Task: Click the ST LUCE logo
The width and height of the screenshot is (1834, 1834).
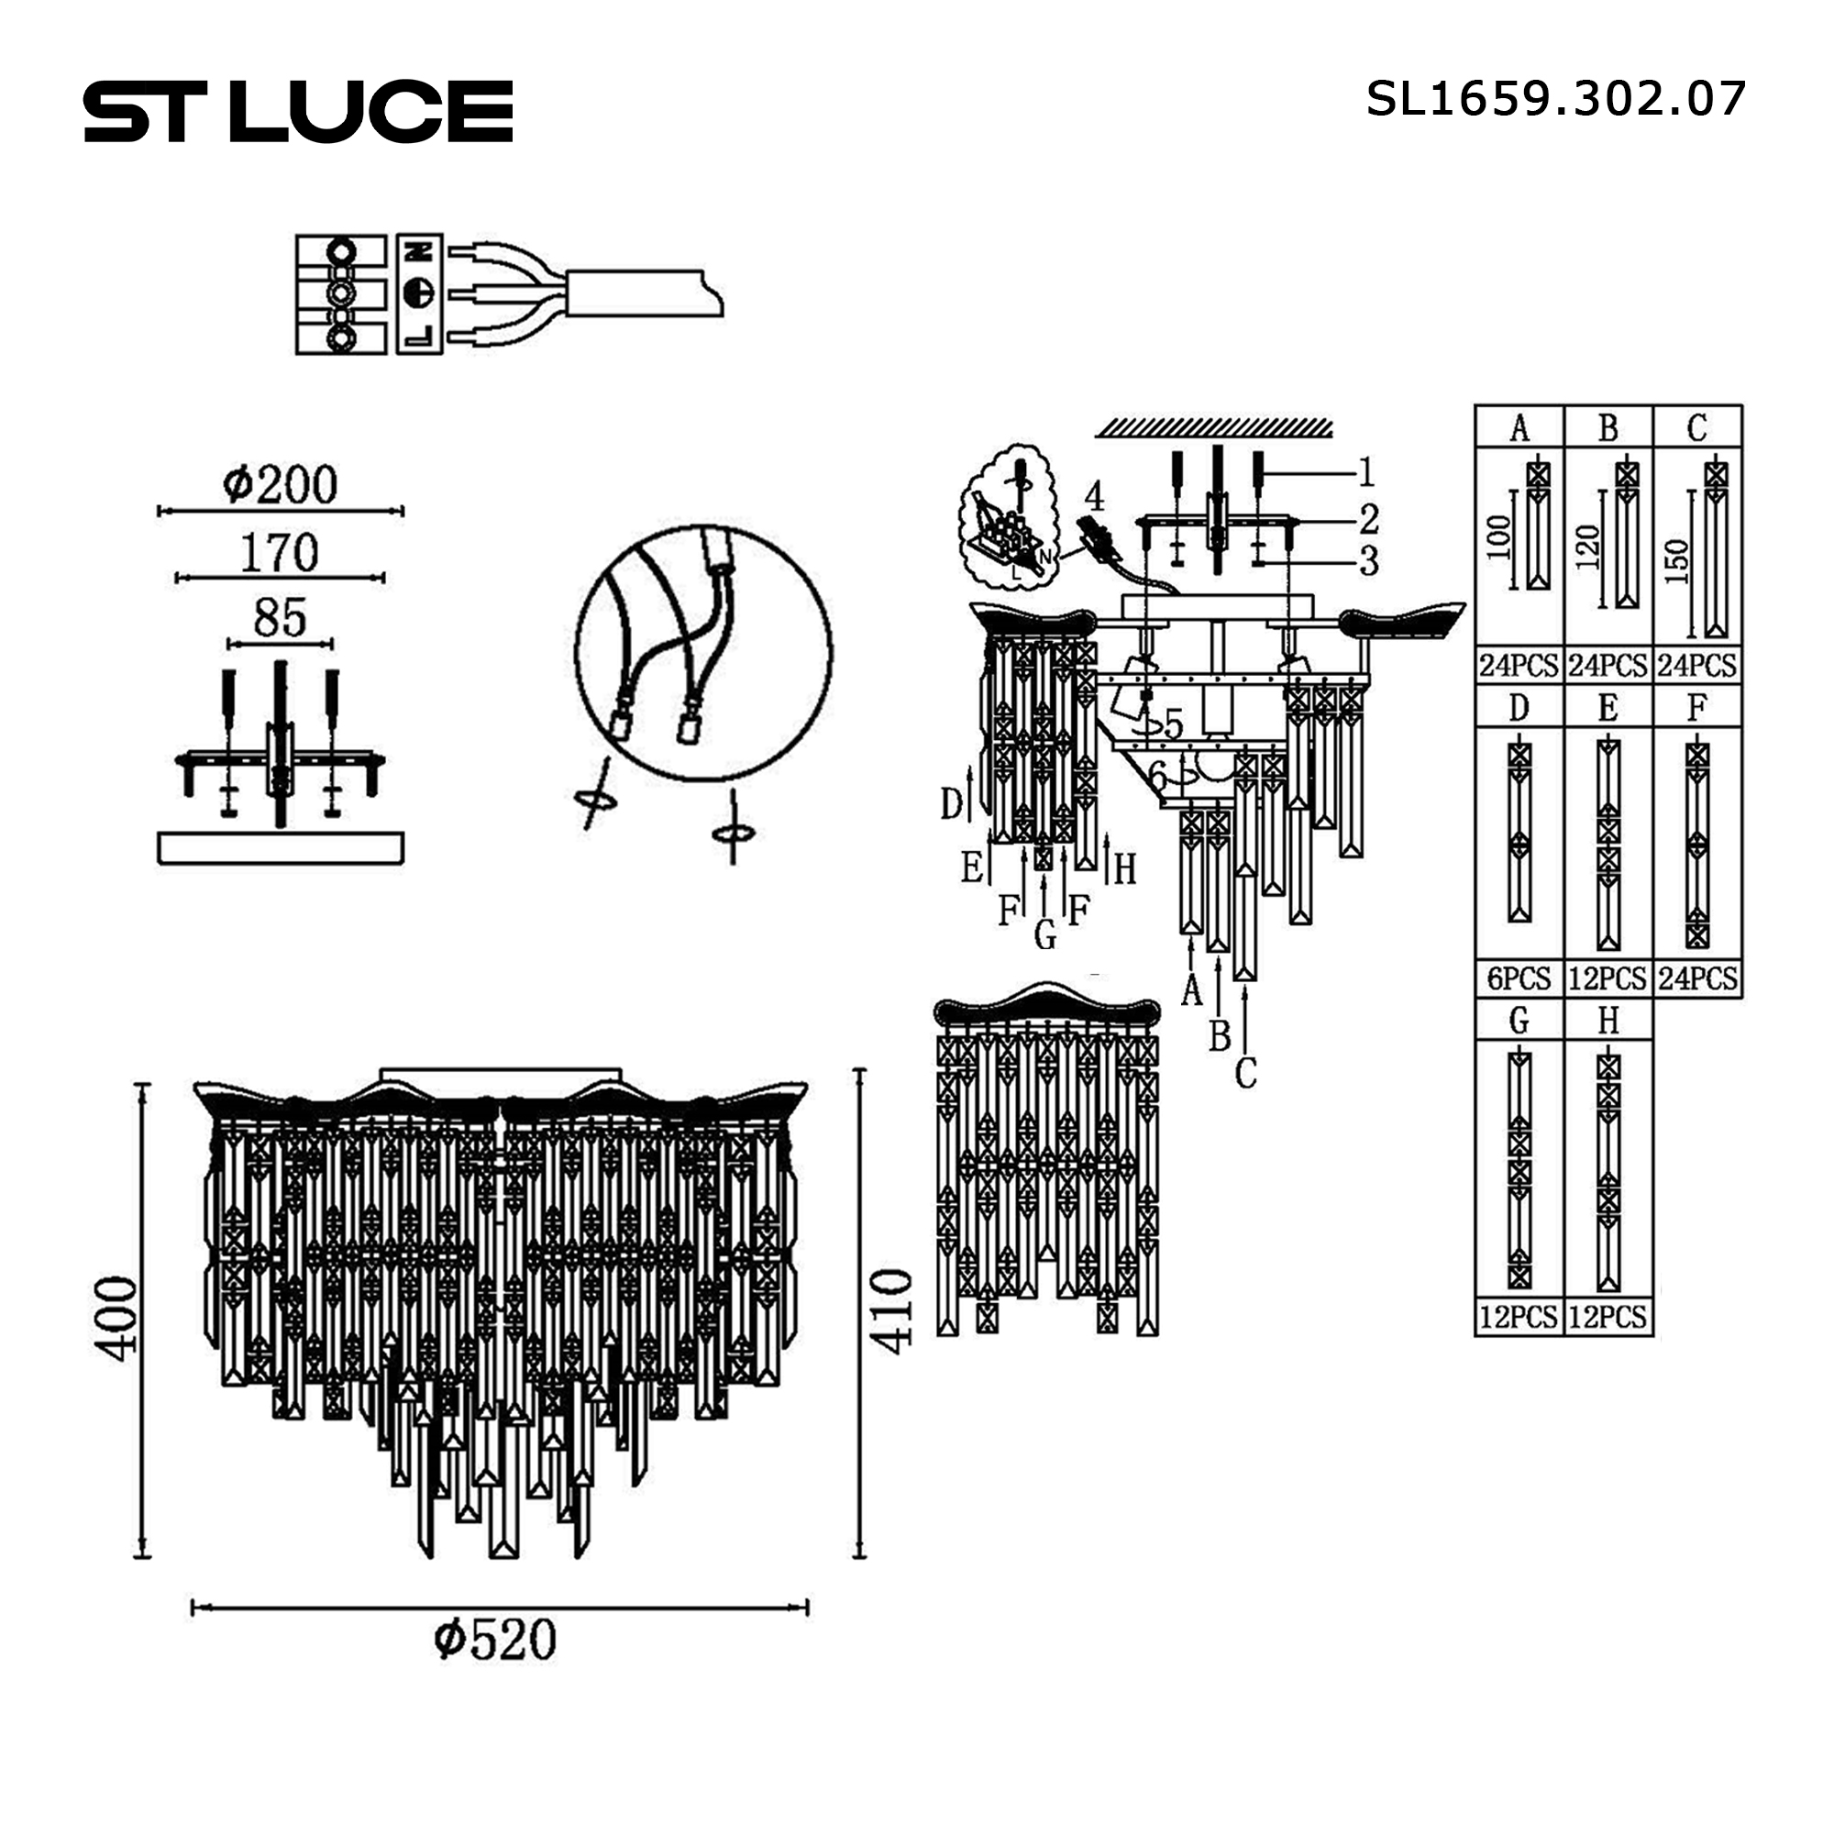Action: click(x=298, y=111)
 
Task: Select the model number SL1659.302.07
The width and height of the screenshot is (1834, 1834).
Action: click(x=1555, y=99)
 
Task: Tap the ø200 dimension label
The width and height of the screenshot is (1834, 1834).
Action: click(x=280, y=485)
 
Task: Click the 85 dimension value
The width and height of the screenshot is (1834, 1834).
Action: click(x=279, y=618)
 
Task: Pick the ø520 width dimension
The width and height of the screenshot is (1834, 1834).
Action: click(x=494, y=1641)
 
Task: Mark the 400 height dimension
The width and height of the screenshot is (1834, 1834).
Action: click(x=116, y=1320)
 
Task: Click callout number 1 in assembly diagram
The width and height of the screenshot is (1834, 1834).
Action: click(x=1366, y=471)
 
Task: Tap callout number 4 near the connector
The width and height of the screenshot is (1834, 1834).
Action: click(x=1094, y=495)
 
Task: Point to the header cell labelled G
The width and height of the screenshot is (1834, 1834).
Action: click(x=1519, y=1021)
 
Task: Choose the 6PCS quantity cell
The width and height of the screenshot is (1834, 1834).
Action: click(x=1519, y=978)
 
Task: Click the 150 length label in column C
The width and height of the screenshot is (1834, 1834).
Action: click(x=1676, y=561)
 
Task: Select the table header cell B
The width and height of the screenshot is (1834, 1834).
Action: click(x=1608, y=428)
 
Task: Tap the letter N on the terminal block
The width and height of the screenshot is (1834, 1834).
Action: click(x=420, y=251)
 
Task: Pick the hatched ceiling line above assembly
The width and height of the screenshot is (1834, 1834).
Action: click(x=1214, y=427)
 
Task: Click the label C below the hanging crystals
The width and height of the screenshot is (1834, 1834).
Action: click(x=1245, y=1074)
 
